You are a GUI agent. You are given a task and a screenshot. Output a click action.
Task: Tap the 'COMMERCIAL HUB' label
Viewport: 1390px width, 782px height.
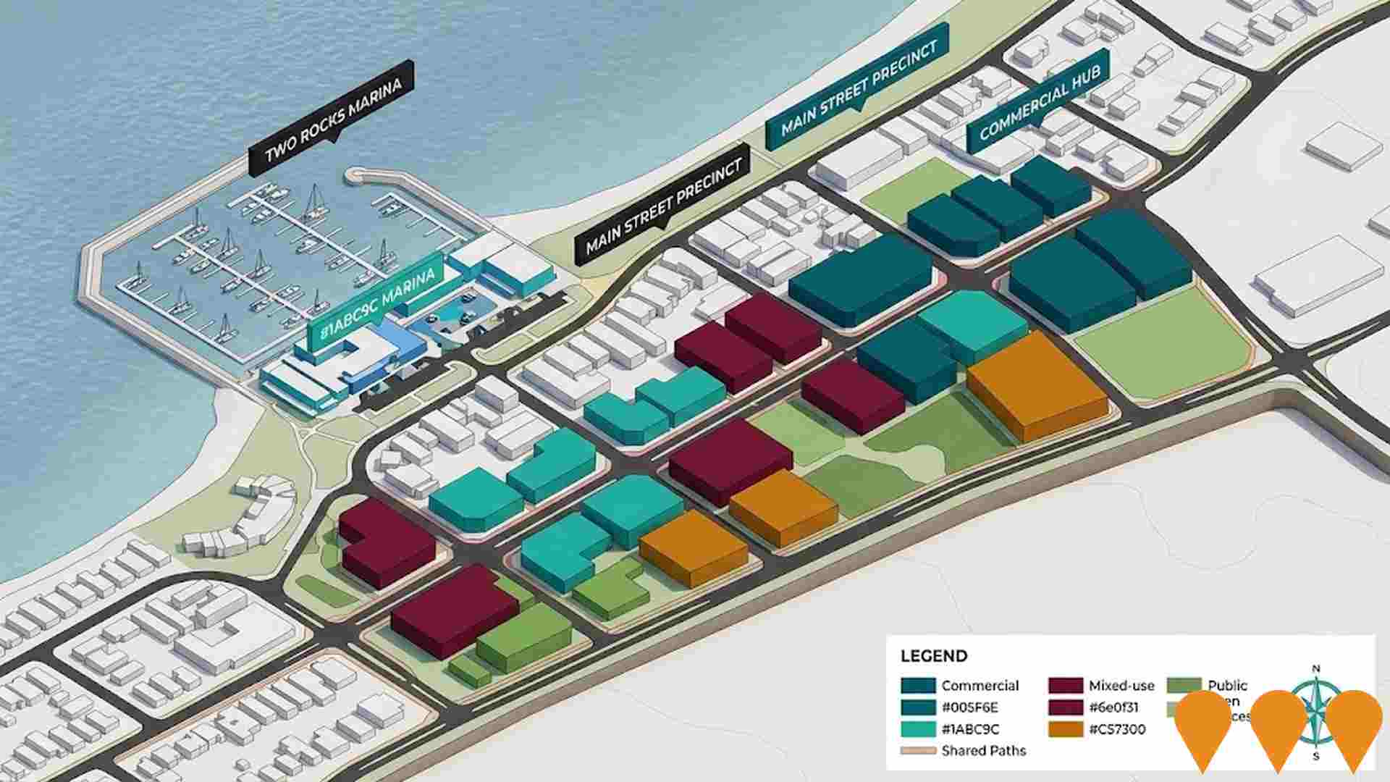pos(1039,103)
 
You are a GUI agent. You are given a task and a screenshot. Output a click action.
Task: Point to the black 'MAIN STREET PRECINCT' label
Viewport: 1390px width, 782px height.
pos(663,206)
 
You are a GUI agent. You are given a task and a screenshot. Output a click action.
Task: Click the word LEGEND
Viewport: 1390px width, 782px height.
pos(933,656)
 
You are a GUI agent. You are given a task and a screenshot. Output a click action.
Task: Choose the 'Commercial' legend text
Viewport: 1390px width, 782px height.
pos(980,685)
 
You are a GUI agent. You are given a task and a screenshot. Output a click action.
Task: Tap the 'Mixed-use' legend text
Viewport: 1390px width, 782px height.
pos(1121,685)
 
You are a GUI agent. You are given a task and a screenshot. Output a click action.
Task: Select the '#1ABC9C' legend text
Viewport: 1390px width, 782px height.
pos(970,728)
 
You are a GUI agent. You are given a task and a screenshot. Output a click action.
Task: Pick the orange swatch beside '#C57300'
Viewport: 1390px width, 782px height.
pos(1065,728)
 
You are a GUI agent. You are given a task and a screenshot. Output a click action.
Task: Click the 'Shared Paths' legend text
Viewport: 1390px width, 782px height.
pos(983,750)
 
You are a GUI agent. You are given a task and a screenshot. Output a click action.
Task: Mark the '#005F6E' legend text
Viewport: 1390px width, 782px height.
pos(969,707)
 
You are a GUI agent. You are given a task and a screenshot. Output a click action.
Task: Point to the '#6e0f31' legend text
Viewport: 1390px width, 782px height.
pos(1113,707)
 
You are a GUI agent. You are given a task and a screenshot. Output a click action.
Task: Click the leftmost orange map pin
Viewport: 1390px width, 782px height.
pos(1203,724)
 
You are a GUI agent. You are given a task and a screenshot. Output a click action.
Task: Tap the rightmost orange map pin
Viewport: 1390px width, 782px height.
pos(1353,724)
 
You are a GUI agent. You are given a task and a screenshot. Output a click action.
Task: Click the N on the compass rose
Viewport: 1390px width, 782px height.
pos(1316,668)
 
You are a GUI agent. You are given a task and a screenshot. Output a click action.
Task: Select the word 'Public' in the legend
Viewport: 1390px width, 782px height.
pos(1227,685)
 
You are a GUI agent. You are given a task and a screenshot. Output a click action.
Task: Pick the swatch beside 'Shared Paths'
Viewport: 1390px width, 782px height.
pos(918,751)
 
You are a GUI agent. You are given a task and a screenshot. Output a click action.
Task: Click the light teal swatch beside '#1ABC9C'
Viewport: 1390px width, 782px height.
pos(918,728)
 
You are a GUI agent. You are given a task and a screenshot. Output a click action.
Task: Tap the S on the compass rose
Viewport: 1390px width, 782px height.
pos(1316,757)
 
